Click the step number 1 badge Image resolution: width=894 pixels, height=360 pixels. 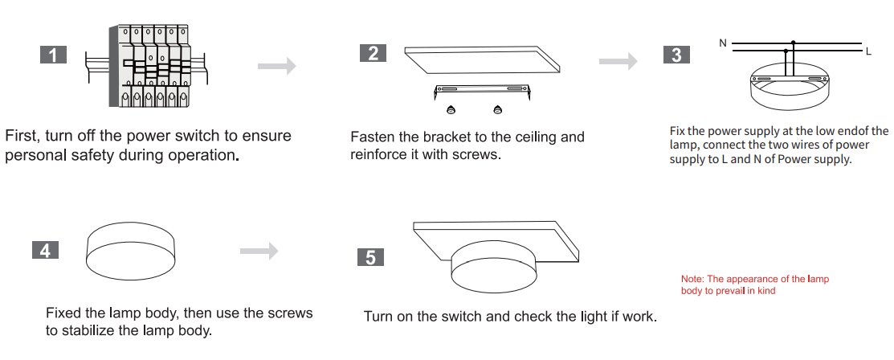coord(54,55)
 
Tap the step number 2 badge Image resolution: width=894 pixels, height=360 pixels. coord(374,53)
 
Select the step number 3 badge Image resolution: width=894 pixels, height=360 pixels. coord(677,54)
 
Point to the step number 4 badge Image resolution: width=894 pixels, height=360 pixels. coord(46,250)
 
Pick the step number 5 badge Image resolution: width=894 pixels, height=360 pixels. coord(370,257)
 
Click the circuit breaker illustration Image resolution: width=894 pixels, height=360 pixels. coord(146,66)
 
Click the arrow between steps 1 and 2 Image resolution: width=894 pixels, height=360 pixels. coord(277,66)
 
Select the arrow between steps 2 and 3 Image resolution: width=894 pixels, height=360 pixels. coord(618,61)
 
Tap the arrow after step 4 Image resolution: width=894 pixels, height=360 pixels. coord(259,251)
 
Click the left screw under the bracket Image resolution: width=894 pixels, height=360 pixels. coord(451,109)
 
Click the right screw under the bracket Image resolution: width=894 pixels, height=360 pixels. coord(498,109)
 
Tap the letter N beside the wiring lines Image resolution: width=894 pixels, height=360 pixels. coord(723,43)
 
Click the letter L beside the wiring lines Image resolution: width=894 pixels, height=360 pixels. coord(868,51)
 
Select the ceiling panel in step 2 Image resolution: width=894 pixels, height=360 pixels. coord(483,59)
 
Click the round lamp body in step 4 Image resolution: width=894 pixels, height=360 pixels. coord(131,252)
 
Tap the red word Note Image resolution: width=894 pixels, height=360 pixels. coord(692,279)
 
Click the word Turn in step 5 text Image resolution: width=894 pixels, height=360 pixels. coord(378,316)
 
